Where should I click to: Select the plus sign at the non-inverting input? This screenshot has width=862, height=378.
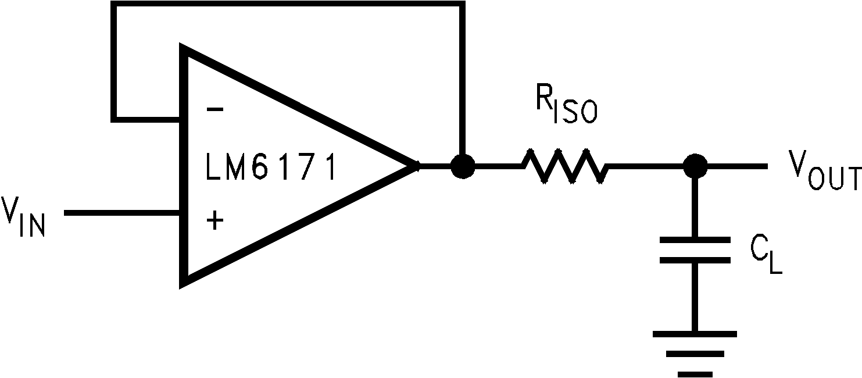tap(214, 220)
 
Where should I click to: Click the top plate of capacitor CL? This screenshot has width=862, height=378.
tap(695, 239)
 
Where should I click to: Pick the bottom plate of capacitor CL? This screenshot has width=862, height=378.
tap(695, 260)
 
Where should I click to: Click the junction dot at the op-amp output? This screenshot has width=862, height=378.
tap(462, 166)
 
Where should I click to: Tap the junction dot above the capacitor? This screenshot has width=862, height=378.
tap(695, 166)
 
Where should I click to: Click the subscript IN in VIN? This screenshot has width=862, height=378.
tap(31, 225)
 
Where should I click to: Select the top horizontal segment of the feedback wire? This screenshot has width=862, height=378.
tap(288, 5)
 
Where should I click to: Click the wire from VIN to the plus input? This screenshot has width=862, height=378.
tap(122, 213)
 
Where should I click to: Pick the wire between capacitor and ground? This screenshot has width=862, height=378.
tap(695, 297)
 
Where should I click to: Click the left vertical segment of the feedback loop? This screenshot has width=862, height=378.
tap(115, 61)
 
